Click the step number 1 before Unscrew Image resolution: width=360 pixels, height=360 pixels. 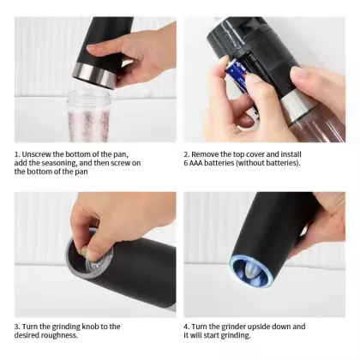[x=16, y=154]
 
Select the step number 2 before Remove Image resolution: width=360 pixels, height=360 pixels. [x=185, y=154]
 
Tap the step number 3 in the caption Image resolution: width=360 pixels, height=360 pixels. [x=16, y=327]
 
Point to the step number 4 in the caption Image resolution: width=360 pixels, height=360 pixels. [x=185, y=327]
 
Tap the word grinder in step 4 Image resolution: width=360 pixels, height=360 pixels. [x=225, y=327]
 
